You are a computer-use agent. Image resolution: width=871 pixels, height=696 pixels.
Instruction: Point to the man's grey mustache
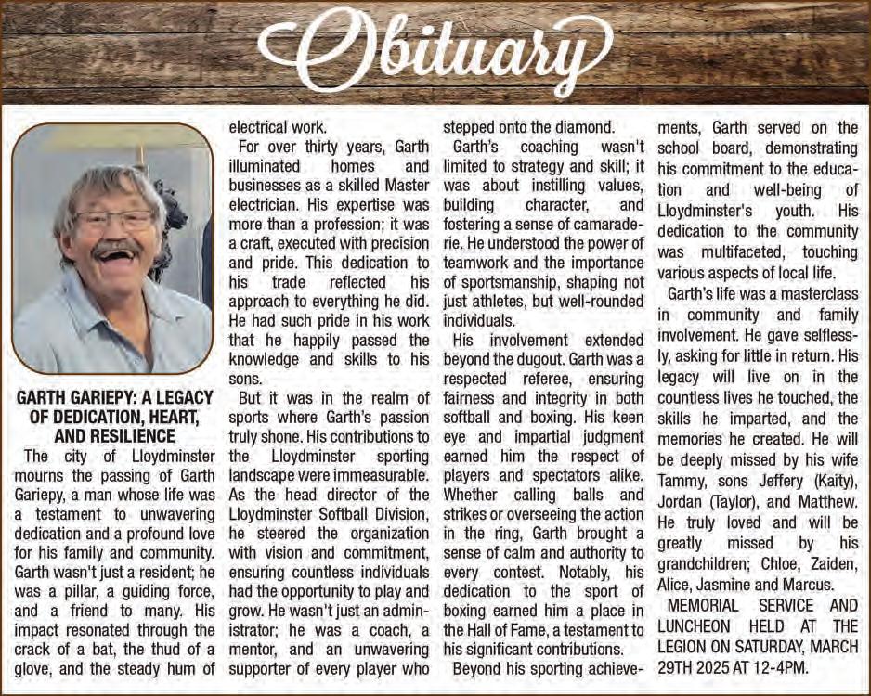click(x=117, y=249)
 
